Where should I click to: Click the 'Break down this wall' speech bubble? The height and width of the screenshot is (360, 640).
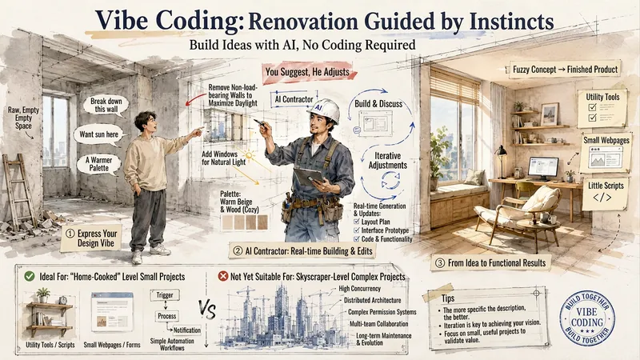coord(104,106)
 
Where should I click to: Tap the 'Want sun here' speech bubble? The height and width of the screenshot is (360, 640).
coord(98,134)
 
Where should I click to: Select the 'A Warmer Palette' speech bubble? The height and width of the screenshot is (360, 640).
coord(98,164)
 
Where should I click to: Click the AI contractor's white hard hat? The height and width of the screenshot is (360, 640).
coord(324,110)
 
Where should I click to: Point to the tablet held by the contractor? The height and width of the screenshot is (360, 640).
coord(308,177)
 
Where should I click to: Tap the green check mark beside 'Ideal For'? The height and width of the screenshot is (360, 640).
coord(30,276)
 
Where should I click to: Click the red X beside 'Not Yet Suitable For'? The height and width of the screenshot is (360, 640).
coord(223,276)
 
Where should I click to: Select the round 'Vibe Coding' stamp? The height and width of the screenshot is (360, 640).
coord(587,318)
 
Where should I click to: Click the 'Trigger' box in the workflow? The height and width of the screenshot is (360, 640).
coord(165,295)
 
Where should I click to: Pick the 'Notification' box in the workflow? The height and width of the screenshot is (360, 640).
coord(186,330)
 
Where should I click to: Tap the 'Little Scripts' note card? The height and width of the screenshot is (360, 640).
coord(606,193)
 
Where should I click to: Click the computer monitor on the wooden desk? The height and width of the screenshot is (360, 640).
coord(543,169)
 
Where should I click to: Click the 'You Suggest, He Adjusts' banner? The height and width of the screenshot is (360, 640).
coord(308,72)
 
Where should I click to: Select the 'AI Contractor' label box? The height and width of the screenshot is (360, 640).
coord(294,99)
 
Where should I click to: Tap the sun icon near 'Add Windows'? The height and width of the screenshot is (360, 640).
coord(249,155)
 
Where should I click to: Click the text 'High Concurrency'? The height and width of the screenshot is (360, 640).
coord(359,289)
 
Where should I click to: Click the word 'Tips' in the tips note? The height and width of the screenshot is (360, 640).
coord(448,298)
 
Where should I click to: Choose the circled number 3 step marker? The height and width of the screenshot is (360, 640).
coord(439,263)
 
